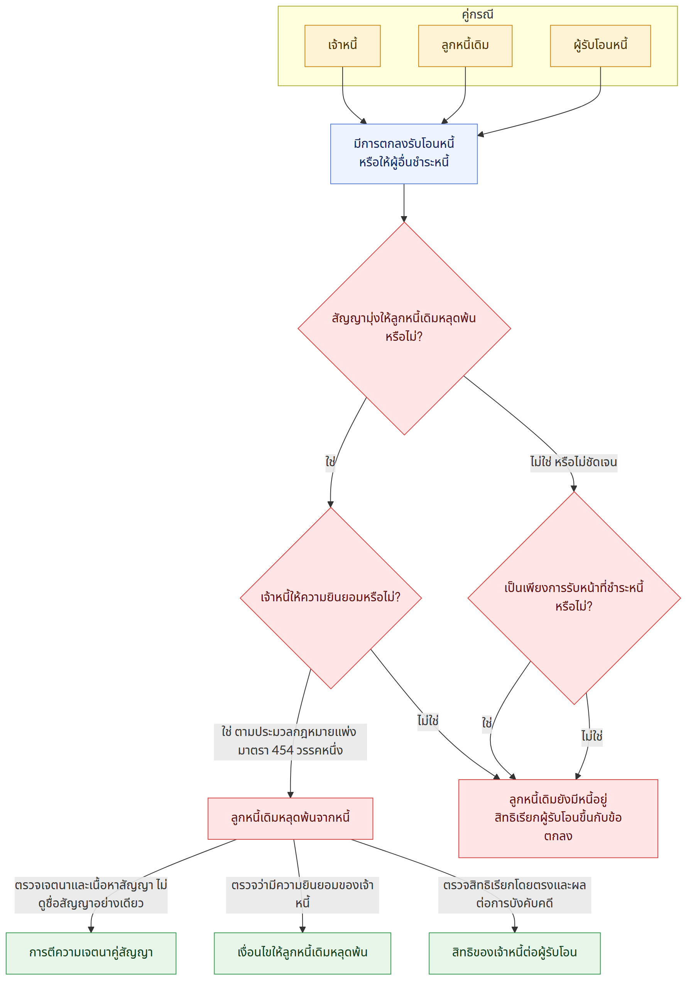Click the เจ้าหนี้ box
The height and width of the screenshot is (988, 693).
tap(342, 46)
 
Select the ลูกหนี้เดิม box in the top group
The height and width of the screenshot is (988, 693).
tap(465, 46)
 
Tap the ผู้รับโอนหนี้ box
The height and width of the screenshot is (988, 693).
tap(600, 46)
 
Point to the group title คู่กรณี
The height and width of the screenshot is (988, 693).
tap(477, 15)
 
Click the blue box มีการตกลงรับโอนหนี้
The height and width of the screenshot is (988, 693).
tap(404, 154)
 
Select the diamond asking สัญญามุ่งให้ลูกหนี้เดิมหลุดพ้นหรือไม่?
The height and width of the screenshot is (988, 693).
tap(404, 329)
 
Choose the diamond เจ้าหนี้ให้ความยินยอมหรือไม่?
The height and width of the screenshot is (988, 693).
tap(330, 598)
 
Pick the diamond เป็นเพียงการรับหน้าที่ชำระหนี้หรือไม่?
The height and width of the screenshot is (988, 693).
tap(574, 598)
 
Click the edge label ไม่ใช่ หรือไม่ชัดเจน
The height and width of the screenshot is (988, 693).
tap(573, 463)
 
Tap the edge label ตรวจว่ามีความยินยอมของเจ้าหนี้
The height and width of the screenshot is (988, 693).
tap(303, 895)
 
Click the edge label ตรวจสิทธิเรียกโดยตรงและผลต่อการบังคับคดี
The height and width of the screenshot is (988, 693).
tap(514, 895)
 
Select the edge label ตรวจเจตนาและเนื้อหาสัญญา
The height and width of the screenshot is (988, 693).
tap(91, 895)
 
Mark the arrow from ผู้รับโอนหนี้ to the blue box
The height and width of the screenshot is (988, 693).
tap(559, 113)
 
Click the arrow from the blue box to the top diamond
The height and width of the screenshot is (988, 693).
tap(404, 203)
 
